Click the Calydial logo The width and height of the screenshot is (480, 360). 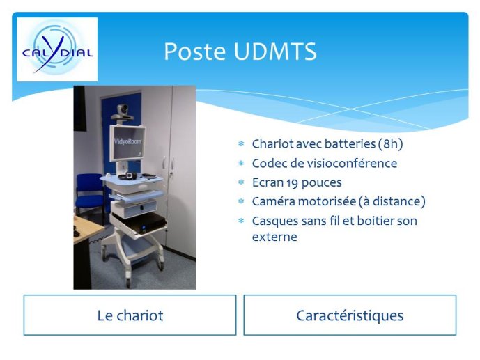coord(57,49)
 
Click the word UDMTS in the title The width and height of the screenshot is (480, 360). coord(275,51)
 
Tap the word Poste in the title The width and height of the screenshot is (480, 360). coord(194,51)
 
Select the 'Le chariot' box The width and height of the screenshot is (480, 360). coord(130,315)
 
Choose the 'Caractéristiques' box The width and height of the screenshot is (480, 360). coord(350,315)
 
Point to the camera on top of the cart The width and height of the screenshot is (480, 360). coord(122,112)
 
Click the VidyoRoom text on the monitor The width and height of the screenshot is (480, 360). coord(127,141)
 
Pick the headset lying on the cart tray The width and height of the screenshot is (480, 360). coord(128,175)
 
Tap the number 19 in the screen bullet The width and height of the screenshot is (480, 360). coord(292,182)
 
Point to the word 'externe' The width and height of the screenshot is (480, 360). coord(274,237)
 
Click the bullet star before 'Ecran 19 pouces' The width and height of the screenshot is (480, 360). coord(241,182)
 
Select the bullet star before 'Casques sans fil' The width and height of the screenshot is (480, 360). coord(241,221)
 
